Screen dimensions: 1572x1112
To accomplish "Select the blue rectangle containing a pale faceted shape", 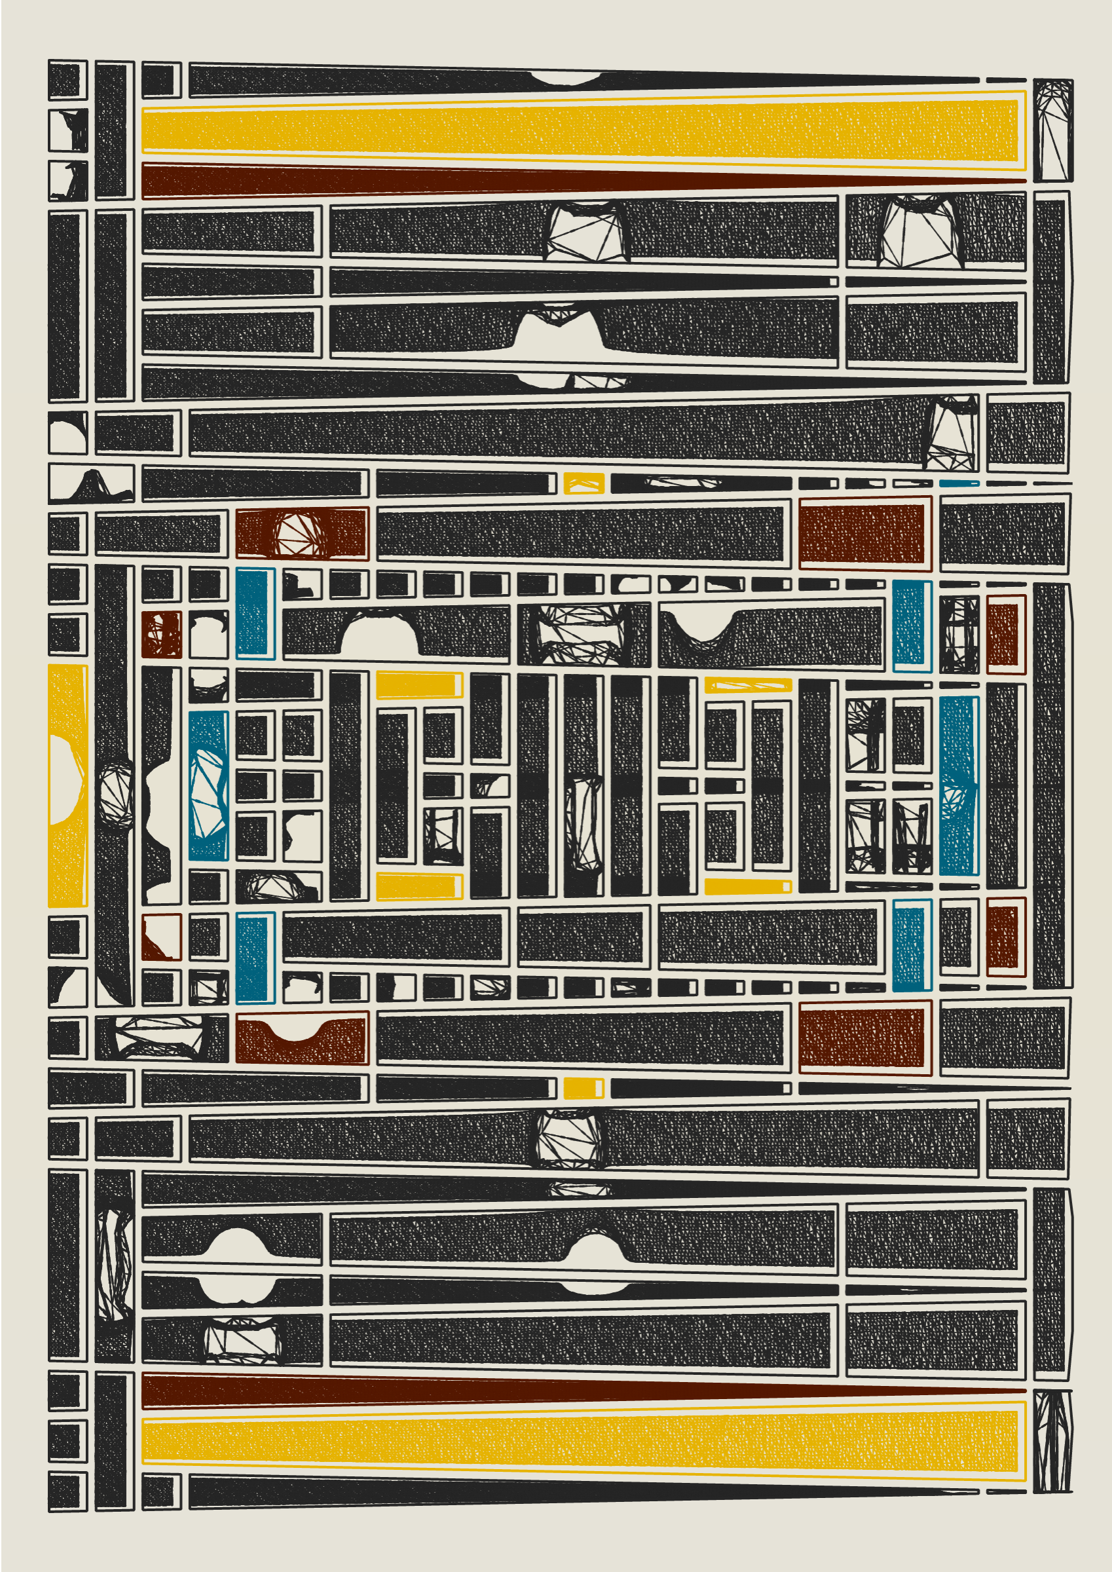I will (208, 785).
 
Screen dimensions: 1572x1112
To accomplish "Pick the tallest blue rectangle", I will (959, 785).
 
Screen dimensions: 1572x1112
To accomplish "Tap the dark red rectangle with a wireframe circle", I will (302, 533).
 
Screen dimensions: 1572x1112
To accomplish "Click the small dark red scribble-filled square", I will (162, 634).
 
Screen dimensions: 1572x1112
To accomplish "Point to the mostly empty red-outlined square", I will (162, 937).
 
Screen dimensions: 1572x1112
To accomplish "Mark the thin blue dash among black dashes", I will (959, 483).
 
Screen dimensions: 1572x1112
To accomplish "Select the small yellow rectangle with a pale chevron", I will (584, 483).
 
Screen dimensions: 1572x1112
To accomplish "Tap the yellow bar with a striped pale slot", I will (748, 684).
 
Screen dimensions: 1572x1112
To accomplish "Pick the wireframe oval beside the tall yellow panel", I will (116, 795).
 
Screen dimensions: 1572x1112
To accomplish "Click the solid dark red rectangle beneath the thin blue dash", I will (865, 533).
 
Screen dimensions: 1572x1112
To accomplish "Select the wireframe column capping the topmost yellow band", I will (1052, 130).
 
